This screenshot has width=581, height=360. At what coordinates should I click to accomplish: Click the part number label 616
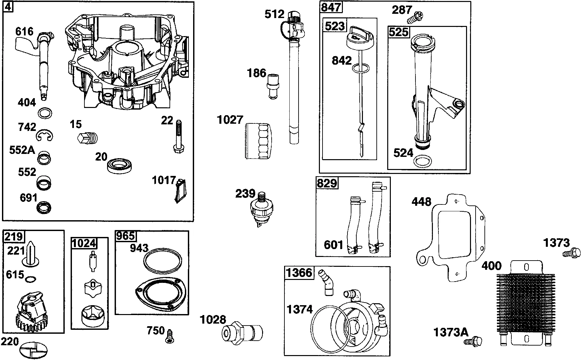click(x=24, y=32)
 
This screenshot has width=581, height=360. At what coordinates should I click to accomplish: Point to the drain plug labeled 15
click(x=88, y=138)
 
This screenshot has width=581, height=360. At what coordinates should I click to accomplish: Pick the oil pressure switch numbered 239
click(x=261, y=208)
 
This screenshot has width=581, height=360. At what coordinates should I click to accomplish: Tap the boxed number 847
click(x=331, y=8)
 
